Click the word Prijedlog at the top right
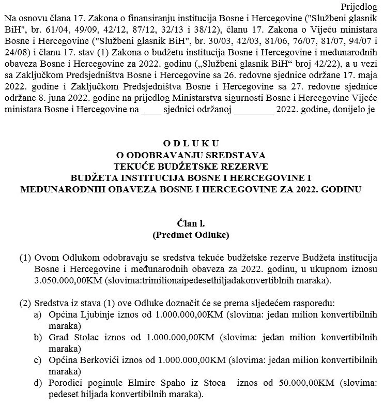[x=360, y=7]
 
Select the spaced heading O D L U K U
[x=191, y=143]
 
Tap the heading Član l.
[x=191, y=223]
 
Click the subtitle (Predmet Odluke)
[x=191, y=235]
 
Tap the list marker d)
[x=38, y=384]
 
